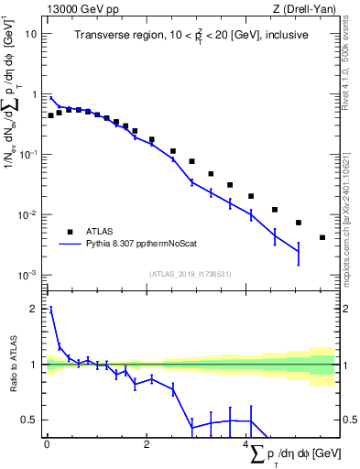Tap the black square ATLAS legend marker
tap(70, 232)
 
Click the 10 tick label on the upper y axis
tap(31, 34)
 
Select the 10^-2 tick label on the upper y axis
tap(28, 215)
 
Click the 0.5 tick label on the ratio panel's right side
tap(350, 420)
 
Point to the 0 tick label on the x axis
tap(47, 445)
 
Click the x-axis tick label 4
tap(247, 445)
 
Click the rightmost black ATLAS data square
tap(322, 237)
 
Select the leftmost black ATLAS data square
tap(51, 115)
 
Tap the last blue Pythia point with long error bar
tap(298, 251)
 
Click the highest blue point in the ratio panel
tap(51, 310)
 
